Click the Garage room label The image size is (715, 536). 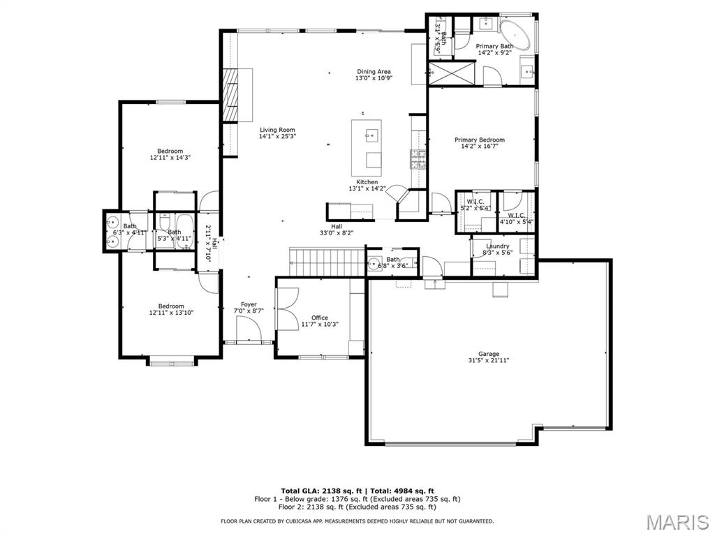[489, 354]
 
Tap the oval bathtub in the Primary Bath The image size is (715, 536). [517, 33]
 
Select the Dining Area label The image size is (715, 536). [374, 72]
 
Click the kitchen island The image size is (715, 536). [367, 147]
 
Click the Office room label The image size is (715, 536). [319, 318]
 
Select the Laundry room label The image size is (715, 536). [498, 246]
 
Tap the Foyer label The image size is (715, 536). [249, 305]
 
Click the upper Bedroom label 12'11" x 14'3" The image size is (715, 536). [170, 151]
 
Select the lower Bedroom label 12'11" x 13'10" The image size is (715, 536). [170, 306]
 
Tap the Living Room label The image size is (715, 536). [277, 130]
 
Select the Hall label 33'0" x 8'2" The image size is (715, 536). [337, 227]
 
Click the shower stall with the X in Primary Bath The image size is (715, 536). [450, 73]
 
